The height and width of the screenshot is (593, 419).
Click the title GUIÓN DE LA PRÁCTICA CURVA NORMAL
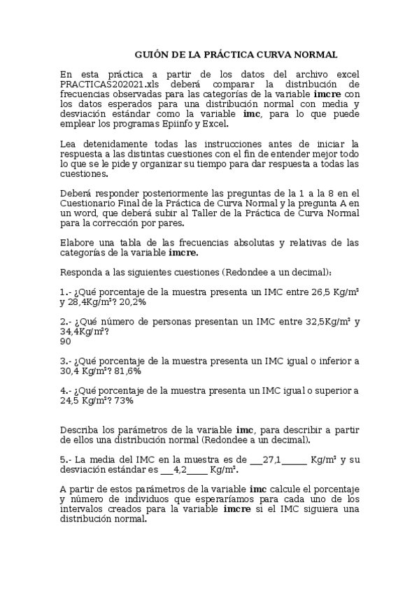(236, 54)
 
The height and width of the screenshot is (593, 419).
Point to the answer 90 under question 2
(66, 341)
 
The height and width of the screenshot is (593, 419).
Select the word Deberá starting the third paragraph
(76, 193)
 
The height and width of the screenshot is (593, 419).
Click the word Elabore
(78, 242)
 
